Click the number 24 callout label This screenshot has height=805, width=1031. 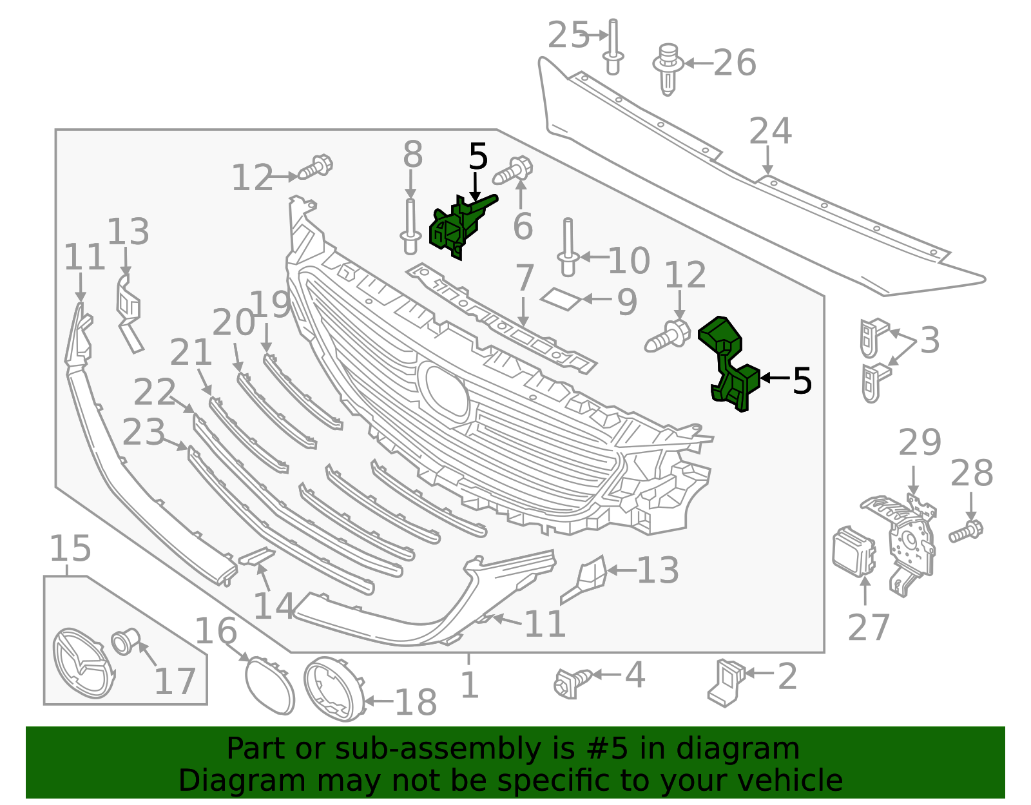pos(770,131)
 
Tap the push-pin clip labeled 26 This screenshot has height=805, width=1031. pos(668,68)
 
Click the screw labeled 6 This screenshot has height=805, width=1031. pos(513,171)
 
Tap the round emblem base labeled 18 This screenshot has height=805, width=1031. pos(333,688)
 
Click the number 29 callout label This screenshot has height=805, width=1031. pos(920,442)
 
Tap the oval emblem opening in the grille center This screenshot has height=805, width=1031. pos(443,389)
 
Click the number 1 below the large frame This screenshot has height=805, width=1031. pos(470,684)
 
